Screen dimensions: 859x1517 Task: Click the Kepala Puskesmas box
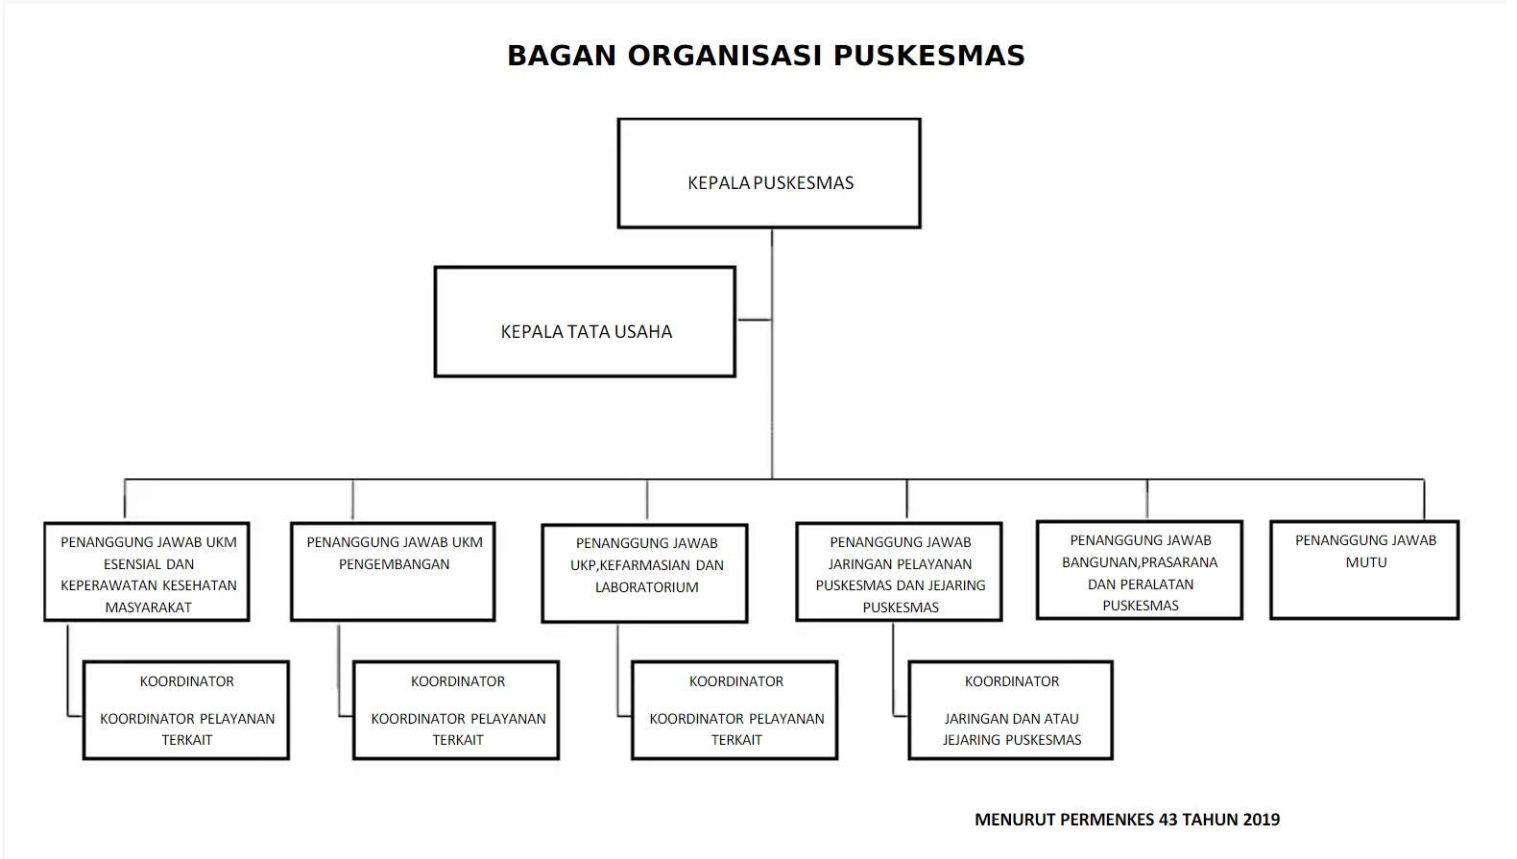click(769, 174)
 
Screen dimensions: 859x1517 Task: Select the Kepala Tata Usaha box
click(585, 322)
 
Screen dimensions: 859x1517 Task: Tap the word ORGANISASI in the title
click(725, 56)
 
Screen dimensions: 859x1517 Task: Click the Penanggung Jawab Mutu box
click(1364, 570)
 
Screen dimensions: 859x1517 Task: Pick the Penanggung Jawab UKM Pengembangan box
click(394, 572)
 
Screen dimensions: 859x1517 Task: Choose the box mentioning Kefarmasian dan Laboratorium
click(645, 574)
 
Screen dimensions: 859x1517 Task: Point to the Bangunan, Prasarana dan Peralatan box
click(1140, 571)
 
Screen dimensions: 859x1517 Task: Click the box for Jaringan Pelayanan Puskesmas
click(900, 572)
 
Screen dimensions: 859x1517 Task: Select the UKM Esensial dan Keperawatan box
click(147, 572)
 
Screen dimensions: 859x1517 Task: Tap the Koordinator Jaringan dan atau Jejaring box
click(1011, 710)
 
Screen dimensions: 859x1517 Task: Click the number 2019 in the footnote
click(1261, 820)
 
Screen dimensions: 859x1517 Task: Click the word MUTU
click(1365, 562)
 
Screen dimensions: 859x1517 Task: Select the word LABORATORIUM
click(646, 587)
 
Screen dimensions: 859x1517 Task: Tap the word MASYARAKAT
click(149, 608)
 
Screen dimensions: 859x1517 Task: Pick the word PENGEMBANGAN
click(394, 564)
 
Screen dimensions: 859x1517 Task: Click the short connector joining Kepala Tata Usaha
click(754, 320)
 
